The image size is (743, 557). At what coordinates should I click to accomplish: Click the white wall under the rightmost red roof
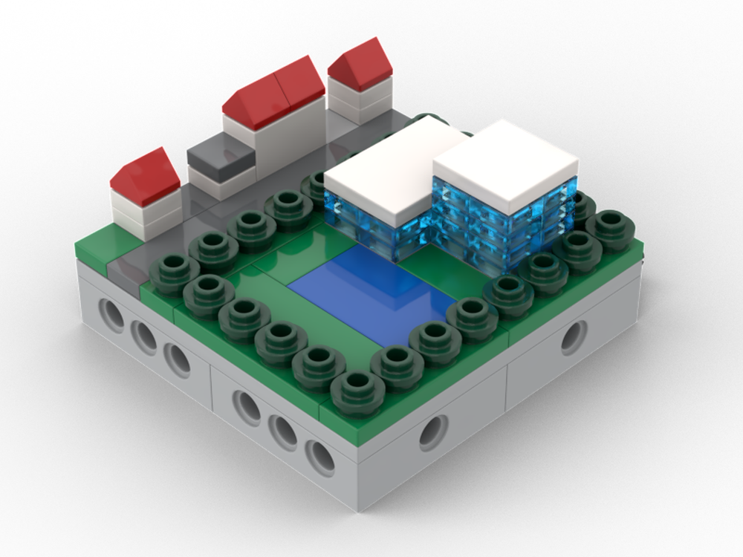pos(360,102)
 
